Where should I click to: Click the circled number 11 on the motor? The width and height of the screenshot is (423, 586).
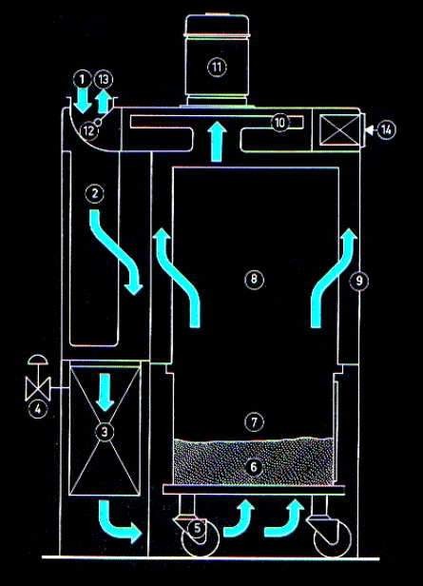coord(217,68)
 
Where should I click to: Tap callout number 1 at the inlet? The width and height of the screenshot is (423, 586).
coord(83,79)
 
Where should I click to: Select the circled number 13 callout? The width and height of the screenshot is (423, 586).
coord(104,79)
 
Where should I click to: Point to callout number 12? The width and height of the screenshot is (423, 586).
coord(88,131)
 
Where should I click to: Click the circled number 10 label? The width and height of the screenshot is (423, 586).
coord(280,122)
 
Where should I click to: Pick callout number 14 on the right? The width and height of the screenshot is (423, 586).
coord(386,129)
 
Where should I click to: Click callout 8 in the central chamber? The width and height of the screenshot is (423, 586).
coord(254,279)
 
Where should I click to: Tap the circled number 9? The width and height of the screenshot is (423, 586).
coord(358,281)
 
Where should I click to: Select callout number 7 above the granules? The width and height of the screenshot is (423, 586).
coord(254,422)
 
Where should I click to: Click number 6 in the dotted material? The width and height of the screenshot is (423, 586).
coord(254,467)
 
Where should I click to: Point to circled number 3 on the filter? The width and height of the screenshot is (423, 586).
coord(105,432)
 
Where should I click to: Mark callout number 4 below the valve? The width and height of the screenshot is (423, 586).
coord(38,409)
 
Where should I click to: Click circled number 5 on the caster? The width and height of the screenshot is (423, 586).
coord(198,528)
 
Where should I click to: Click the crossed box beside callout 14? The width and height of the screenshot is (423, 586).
coord(340,129)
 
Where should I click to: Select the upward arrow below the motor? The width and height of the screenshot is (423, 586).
coord(218,142)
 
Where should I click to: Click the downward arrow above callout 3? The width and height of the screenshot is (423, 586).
coord(105,392)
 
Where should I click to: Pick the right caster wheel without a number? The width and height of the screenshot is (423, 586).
coord(332,538)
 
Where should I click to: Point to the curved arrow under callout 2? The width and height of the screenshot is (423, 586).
coord(115,251)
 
